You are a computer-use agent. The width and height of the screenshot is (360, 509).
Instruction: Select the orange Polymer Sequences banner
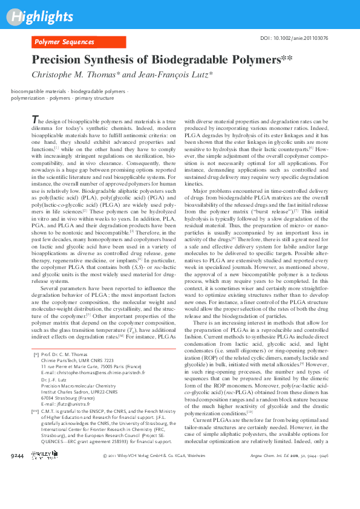tap(79, 42)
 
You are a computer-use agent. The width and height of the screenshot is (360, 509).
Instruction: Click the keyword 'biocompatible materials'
tap(39, 91)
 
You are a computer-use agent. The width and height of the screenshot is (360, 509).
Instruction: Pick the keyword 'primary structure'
tap(95, 97)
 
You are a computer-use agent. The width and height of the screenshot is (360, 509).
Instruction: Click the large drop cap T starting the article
tap(34, 119)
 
